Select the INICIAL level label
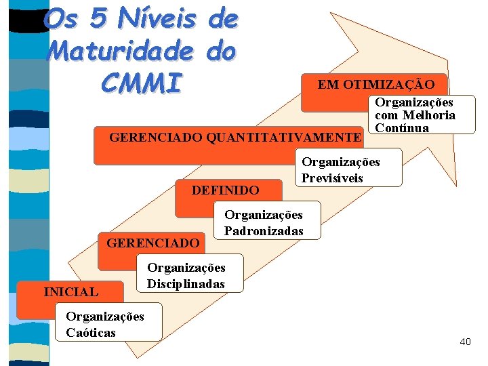(70, 292)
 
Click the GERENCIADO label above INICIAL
(153, 242)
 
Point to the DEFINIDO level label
(225, 190)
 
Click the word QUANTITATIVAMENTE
(283, 138)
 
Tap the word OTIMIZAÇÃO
(395, 84)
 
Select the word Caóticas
(91, 332)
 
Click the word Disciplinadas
(186, 283)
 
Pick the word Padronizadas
(264, 231)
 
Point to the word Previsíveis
(332, 178)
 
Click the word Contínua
(402, 128)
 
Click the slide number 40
(465, 342)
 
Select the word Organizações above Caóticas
(105, 317)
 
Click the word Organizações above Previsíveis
(341, 162)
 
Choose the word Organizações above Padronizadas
(264, 215)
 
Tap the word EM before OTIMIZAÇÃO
(329, 84)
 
